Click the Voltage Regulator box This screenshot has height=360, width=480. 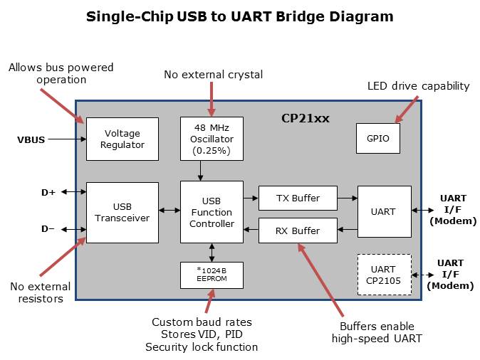tap(122, 139)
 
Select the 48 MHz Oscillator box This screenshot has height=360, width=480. tap(212, 139)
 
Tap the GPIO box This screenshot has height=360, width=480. tap(377, 139)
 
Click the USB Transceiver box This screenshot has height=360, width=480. tap(122, 212)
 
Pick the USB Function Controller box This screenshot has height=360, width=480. tap(212, 213)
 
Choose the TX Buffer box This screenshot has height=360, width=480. tap(297, 198)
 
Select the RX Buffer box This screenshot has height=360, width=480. tap(297, 231)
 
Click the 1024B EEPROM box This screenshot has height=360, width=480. tap(212, 275)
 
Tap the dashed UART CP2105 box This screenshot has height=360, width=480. tap(384, 275)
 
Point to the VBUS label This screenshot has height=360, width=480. tap(31, 139)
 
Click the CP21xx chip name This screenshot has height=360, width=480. tap(305, 119)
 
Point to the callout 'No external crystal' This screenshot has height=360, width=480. tap(213, 74)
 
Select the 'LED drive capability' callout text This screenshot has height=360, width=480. tap(418, 86)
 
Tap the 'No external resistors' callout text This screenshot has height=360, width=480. tap(40, 292)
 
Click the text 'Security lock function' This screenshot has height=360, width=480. tap(202, 346)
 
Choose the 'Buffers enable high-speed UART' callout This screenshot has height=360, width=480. tap(377, 332)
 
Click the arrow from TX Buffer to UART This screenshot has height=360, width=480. tap(347, 198)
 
